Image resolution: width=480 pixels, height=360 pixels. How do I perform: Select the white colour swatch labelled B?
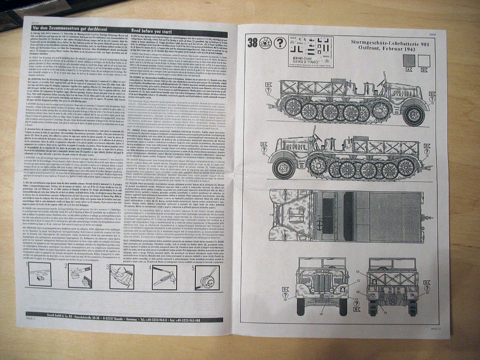[x=424, y=60]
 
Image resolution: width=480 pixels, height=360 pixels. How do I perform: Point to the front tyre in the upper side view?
[x=414, y=114]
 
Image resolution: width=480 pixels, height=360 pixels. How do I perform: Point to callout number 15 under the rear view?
[x=385, y=311]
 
